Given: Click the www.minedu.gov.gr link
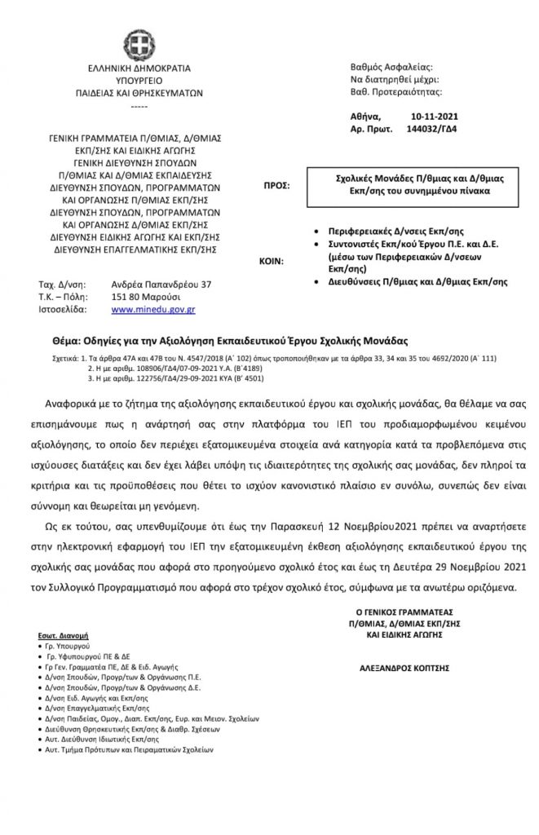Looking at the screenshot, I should pos(152,311).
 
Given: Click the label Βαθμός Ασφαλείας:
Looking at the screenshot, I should pos(391,66).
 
